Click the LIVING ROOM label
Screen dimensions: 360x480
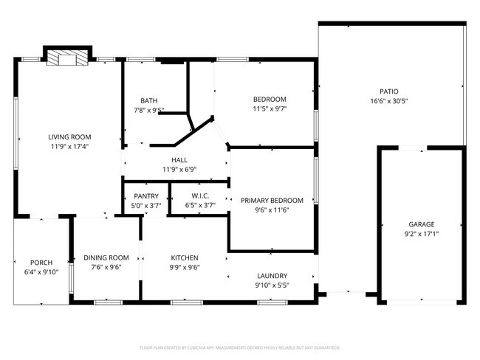pos(69,137)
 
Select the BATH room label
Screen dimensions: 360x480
pos(149,101)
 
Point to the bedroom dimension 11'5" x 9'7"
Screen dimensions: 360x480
pos(270,108)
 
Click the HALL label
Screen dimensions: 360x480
pos(179,159)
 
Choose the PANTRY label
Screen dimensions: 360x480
pos(146,196)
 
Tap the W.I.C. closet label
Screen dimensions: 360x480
pos(198,196)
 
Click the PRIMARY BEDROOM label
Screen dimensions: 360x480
pos(271,200)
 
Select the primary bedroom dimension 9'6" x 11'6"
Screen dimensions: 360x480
pos(271,210)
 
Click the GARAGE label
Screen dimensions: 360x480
pos(422,224)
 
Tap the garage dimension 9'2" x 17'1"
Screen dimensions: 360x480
pos(422,234)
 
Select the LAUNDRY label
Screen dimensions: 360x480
pos(271,276)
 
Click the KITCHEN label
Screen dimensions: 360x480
pos(185,257)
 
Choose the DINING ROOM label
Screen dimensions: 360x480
pos(106,257)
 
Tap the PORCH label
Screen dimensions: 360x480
pos(41,263)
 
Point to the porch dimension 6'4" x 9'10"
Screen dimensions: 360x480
pos(41,272)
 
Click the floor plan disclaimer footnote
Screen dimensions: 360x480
pos(240,346)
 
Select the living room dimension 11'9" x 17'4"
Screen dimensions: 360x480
pos(69,147)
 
